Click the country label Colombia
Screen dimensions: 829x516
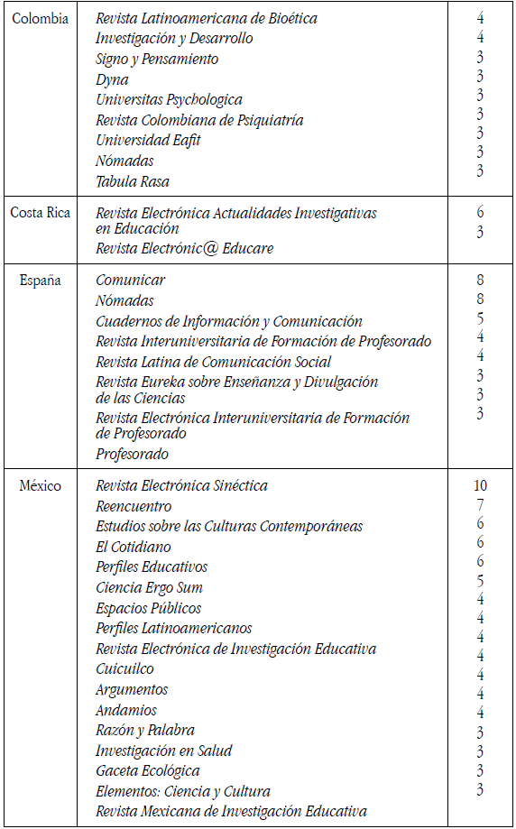click(40, 18)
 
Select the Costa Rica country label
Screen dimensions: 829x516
click(40, 213)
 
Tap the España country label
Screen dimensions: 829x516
click(41, 281)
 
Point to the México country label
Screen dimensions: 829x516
click(41, 486)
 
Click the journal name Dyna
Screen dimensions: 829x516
click(112, 79)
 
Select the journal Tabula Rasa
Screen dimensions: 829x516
click(133, 181)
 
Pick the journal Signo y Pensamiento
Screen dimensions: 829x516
click(157, 59)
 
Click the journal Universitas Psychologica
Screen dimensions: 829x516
click(169, 99)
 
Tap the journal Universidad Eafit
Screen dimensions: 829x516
click(148, 141)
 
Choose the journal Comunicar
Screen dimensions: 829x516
click(130, 281)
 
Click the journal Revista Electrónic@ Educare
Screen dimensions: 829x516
click(184, 248)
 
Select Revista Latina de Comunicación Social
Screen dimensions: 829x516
click(213, 363)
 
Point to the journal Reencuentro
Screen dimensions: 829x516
click(134, 506)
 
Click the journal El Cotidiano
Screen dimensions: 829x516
click(134, 547)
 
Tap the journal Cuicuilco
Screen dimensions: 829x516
click(124, 669)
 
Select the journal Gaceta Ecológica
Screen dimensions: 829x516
click(148, 771)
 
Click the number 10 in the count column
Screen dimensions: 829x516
click(480, 485)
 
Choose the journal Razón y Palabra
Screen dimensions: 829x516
click(145, 731)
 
